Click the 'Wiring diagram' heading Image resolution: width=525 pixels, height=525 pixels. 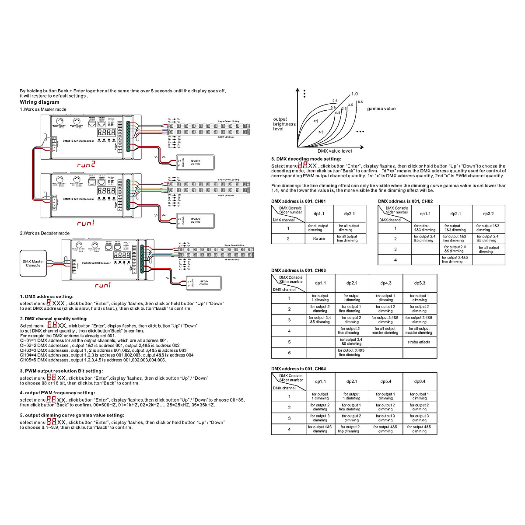[x=39, y=102]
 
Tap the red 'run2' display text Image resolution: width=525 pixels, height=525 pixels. [x=86, y=165]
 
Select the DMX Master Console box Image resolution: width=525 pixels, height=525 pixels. [x=33, y=263]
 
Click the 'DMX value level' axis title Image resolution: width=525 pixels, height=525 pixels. [x=335, y=151]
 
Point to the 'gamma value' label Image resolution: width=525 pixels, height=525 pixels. [x=381, y=109]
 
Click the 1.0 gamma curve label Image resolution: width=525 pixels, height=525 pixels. [x=354, y=94]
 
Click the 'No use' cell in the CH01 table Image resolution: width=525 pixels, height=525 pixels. [x=319, y=239]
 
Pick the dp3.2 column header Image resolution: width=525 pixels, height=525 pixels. [x=488, y=214]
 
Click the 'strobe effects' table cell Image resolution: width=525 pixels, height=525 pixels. [x=419, y=342]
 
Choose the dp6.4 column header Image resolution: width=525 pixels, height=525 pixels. [x=420, y=381]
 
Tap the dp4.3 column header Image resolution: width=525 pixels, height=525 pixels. [x=385, y=283]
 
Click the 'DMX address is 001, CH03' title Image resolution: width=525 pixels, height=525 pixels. [x=298, y=271]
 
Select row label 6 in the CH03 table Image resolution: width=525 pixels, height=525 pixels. [x=289, y=353]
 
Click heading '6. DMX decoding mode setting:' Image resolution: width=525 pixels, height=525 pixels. [x=306, y=159]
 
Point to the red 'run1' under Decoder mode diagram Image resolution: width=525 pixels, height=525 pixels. [x=103, y=285]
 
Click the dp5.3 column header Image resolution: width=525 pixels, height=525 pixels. [x=420, y=283]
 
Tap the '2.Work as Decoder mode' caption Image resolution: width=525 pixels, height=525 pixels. [x=45, y=233]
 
